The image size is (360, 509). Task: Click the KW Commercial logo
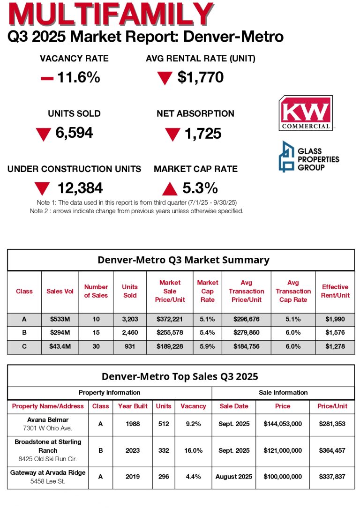(305, 113)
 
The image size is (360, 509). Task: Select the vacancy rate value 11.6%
(78, 77)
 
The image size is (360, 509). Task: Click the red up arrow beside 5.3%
(169, 189)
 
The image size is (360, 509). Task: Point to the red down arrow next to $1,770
(165, 78)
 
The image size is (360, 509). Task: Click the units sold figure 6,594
(74, 133)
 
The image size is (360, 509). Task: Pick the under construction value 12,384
(80, 188)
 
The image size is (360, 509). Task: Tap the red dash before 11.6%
(47, 78)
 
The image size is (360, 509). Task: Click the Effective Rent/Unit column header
(335, 291)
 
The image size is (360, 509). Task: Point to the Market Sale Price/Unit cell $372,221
(170, 319)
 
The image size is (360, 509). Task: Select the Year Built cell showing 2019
(133, 477)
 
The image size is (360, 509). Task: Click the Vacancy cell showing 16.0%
(193, 450)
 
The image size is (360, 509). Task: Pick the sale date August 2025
(233, 477)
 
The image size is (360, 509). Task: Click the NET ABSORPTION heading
(195, 113)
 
